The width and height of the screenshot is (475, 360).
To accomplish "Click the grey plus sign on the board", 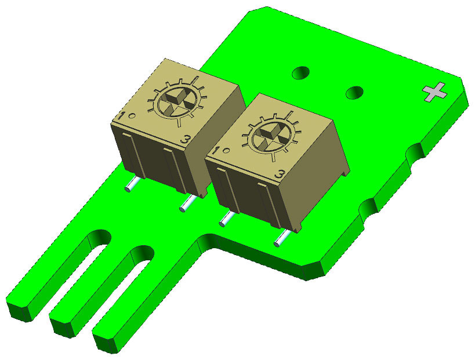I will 435,92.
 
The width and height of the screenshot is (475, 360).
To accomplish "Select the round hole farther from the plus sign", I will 300,73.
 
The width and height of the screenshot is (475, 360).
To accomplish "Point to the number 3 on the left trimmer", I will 185,140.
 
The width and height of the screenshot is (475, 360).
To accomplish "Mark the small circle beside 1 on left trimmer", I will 132,115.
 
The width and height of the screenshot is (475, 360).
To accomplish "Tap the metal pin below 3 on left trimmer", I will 188,203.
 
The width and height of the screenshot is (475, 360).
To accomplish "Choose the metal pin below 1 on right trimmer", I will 226,219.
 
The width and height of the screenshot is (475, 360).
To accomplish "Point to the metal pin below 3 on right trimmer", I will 281,238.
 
